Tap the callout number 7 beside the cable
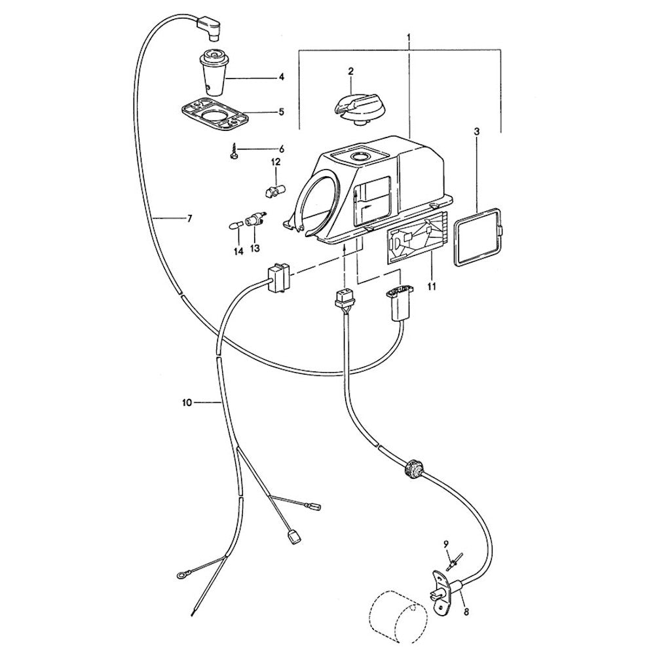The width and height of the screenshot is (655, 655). coord(189,219)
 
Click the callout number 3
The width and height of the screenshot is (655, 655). coord(477,132)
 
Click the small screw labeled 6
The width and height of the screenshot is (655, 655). coord(233,153)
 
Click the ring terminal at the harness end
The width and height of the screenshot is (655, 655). coord(180,575)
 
